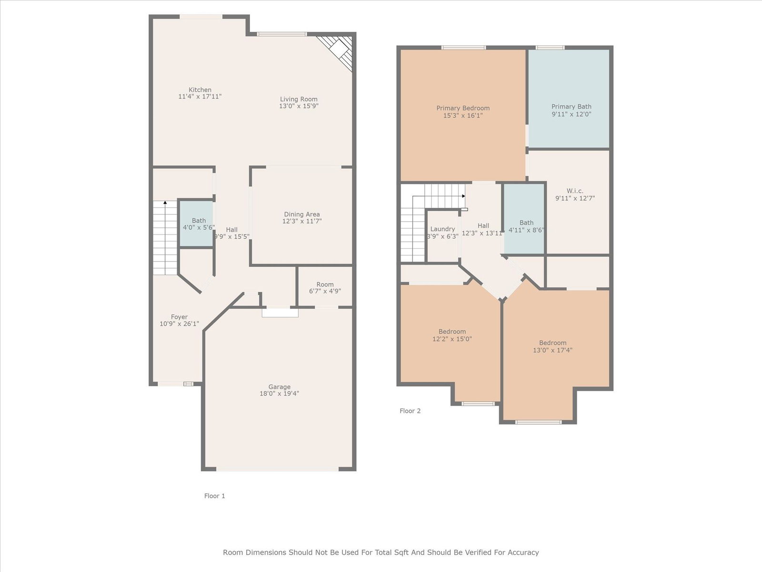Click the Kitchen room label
(200, 90)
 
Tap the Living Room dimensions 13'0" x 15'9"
(299, 106)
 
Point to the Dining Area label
(301, 214)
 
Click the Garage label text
(279, 387)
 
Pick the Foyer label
(179, 317)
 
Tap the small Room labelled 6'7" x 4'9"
(325, 287)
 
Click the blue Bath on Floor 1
(196, 223)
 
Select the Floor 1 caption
(214, 496)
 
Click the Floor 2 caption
(410, 411)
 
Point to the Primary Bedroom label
(463, 108)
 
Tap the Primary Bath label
(571, 107)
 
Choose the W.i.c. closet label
(575, 191)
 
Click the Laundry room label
(442, 229)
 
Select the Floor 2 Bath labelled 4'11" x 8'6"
(524, 218)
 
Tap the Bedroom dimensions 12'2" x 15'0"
(452, 339)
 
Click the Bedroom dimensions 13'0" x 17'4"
(552, 350)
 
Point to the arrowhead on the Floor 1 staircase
(165, 202)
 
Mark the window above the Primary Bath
(550, 48)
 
